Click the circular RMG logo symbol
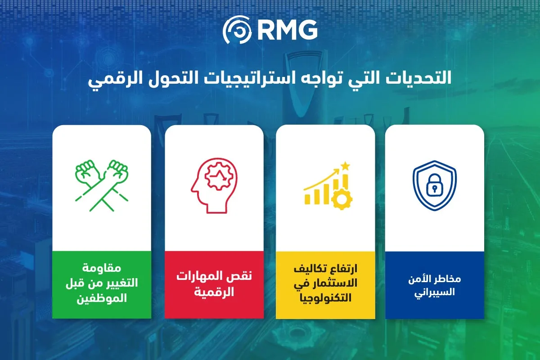tap(237, 30)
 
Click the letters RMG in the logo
tap(287, 30)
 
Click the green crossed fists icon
tap(102, 185)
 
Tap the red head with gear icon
tap(214, 186)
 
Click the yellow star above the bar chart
tap(345, 166)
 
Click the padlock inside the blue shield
tap(434, 185)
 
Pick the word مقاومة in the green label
tap(102, 268)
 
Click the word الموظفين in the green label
tap(102, 298)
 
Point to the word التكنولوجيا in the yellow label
tap(325, 298)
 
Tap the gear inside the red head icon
tap(219, 176)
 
